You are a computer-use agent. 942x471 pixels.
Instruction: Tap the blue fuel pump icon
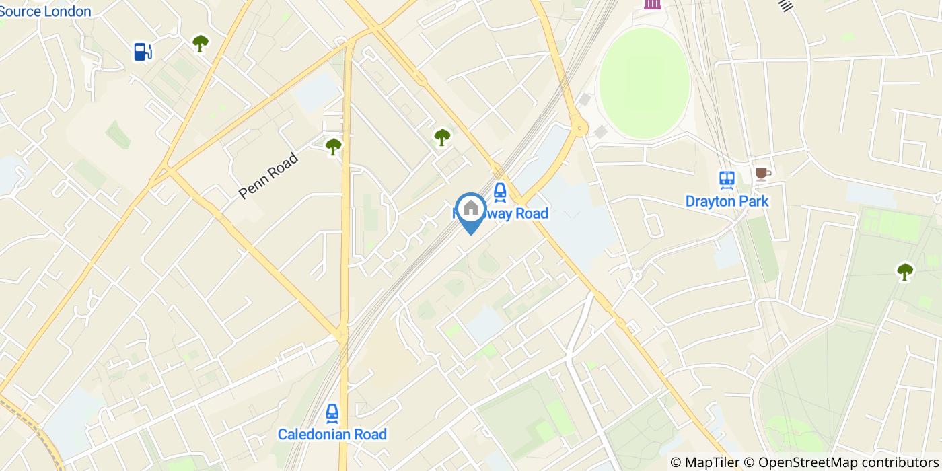tap(142, 51)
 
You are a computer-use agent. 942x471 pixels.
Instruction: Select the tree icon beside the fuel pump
tap(201, 44)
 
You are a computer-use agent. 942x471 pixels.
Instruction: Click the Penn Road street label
tap(268, 176)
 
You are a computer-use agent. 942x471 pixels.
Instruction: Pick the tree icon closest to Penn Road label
tap(333, 146)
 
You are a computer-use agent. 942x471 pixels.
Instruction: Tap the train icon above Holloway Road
tap(499, 192)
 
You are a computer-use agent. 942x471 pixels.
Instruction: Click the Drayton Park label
tap(727, 201)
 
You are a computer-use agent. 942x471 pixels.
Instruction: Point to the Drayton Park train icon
tap(726, 180)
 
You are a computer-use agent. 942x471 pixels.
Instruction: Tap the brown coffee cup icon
tap(762, 174)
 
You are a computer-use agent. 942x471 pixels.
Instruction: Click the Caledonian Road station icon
tap(332, 412)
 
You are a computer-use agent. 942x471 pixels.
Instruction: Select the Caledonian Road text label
tap(332, 434)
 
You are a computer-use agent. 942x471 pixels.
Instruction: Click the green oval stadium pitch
tap(644, 74)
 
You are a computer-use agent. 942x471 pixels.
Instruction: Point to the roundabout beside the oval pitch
tap(578, 128)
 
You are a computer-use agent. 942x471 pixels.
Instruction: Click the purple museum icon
tap(651, 3)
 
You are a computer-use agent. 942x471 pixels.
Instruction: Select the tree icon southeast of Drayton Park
tap(905, 272)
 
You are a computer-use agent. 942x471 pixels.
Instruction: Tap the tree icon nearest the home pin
tap(442, 137)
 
